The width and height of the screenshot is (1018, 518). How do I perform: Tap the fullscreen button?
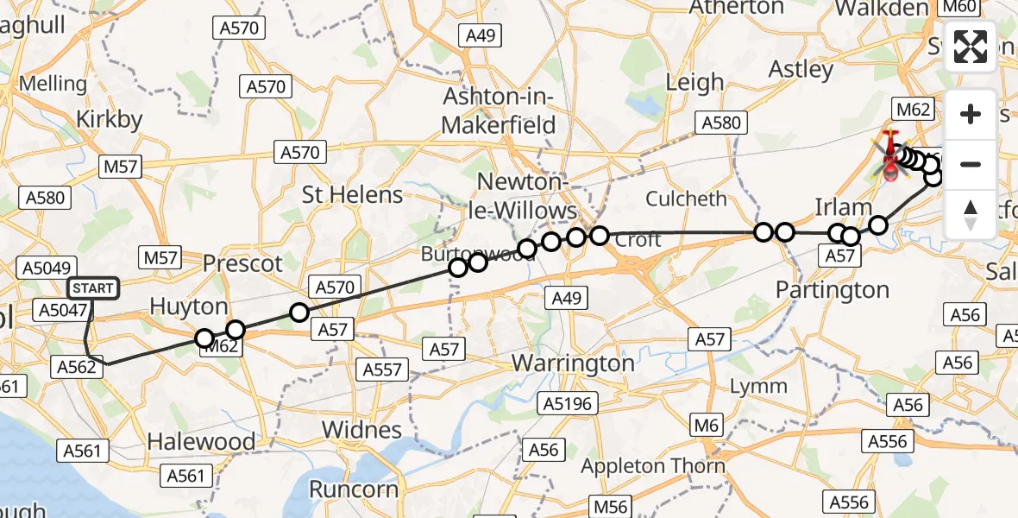point(971,47)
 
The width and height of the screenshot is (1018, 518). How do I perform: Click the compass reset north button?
point(971,214)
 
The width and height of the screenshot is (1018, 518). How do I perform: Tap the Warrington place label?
point(573,363)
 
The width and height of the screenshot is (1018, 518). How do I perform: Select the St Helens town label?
point(352,194)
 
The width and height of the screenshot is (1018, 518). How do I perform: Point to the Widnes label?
point(361,429)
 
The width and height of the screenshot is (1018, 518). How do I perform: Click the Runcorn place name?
point(353,490)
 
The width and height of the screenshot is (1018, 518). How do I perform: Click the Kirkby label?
point(110,119)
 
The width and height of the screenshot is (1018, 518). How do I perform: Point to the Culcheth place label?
point(687,199)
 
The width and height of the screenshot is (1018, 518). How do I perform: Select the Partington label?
point(833,290)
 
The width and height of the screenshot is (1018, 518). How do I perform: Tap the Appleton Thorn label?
point(653,466)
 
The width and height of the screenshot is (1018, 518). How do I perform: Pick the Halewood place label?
point(201,441)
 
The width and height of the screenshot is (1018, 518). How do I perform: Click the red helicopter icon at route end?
point(889,158)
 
